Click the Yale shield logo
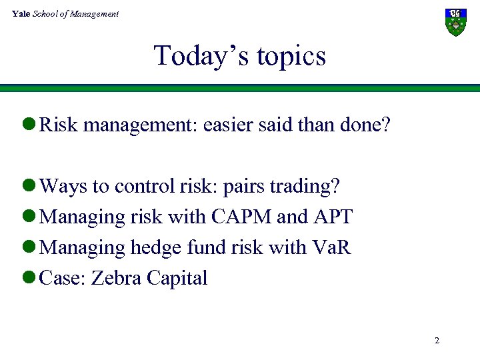tap(455, 22)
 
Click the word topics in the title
tap(289, 57)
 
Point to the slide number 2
tap(437, 341)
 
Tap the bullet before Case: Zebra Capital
tap(31, 279)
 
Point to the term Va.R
tap(331, 247)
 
